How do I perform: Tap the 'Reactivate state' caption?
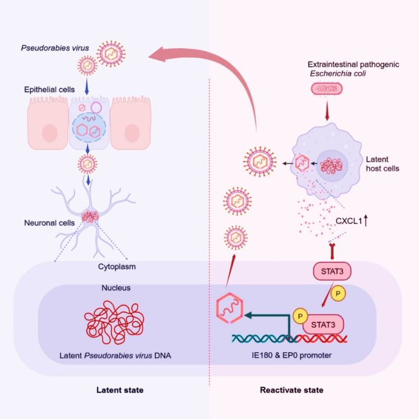point(292,390)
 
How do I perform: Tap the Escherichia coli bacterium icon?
point(326,88)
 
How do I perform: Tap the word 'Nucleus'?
point(116,288)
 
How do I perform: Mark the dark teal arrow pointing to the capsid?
point(264,316)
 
